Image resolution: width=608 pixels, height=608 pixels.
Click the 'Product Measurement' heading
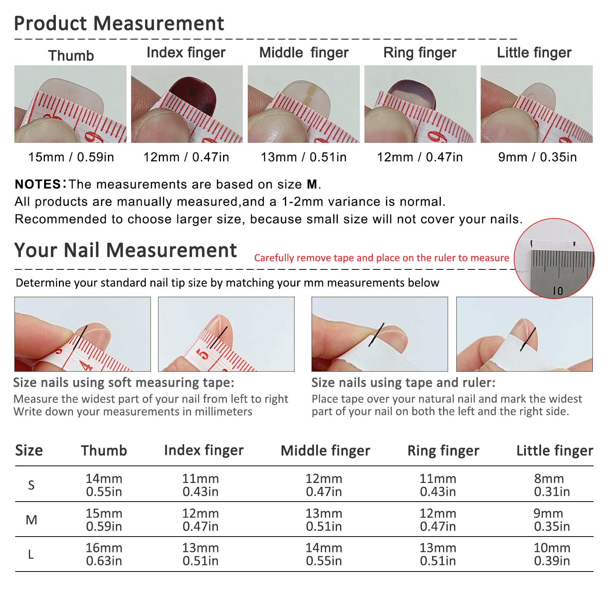click(x=119, y=24)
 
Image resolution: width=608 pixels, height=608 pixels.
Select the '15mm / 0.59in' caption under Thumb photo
click(x=71, y=157)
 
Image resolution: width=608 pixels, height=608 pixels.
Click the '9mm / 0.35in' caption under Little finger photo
click(x=537, y=157)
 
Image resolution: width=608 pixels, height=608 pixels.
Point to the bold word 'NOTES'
click(x=38, y=184)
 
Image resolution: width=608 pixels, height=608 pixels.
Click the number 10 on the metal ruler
click(x=558, y=291)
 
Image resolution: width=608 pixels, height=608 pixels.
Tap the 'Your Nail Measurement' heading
click(x=125, y=250)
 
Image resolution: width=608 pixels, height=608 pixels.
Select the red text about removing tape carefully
click(x=382, y=258)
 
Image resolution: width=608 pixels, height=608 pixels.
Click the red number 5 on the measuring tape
click(x=203, y=354)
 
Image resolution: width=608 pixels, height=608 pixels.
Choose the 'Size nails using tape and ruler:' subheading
click(x=404, y=383)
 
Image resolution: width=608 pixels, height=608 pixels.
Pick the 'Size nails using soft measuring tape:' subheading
click(x=124, y=383)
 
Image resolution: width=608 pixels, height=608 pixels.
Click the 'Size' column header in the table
click(x=29, y=450)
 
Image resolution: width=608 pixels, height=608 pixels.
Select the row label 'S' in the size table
click(x=31, y=485)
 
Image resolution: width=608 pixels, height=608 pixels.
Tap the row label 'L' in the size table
click(x=31, y=555)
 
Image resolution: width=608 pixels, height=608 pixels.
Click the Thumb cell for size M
click(x=104, y=520)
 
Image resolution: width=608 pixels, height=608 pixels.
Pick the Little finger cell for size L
click(x=552, y=554)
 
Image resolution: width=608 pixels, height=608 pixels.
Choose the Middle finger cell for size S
click(x=324, y=485)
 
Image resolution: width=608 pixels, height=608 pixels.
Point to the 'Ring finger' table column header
click(x=443, y=451)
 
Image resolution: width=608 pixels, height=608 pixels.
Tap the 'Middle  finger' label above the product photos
click(x=304, y=53)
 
